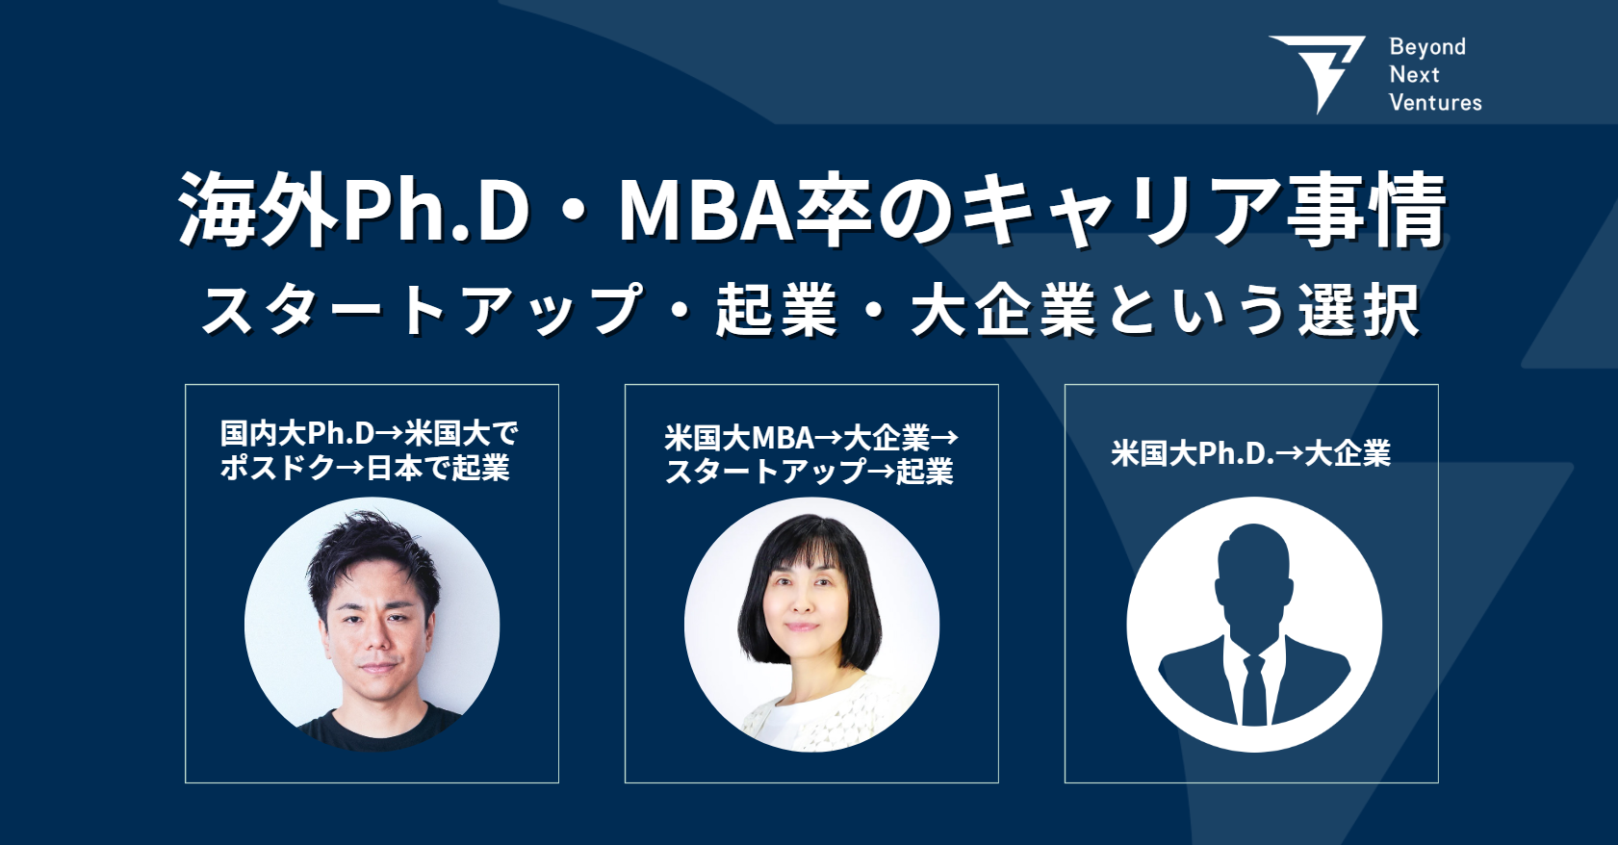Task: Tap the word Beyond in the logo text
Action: point(1427,46)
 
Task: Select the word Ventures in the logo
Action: point(1435,102)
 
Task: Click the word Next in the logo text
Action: point(1414,74)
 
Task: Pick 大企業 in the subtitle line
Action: point(1003,311)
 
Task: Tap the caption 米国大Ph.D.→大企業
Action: point(1250,453)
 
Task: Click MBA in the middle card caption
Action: point(782,438)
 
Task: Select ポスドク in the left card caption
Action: point(277,468)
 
